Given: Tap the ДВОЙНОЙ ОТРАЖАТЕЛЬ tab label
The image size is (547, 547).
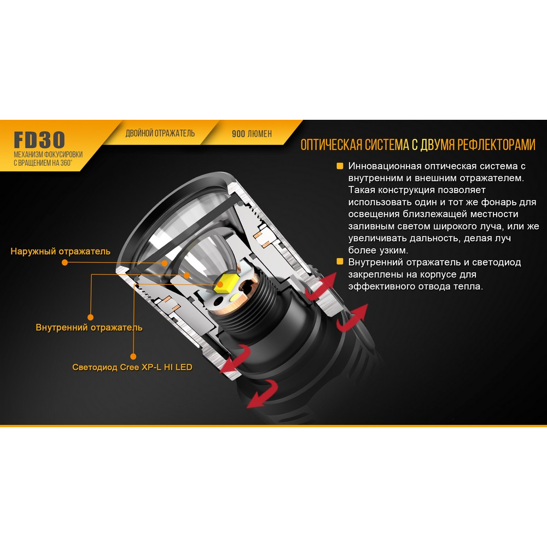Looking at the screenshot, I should pos(160,133).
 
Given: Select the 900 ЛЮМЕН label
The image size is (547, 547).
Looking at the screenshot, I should pos(252,133).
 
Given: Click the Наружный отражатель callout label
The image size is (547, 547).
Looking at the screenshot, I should pos(60,252).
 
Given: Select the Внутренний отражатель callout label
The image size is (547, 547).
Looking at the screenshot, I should pos(89,328).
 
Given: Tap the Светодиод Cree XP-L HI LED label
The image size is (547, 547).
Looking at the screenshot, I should pos(132,367).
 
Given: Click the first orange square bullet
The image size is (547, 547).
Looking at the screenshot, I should pos(340,166).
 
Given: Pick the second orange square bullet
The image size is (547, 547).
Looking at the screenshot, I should pos(340,262).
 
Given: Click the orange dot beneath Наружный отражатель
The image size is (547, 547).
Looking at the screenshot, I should pos(65,263).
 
